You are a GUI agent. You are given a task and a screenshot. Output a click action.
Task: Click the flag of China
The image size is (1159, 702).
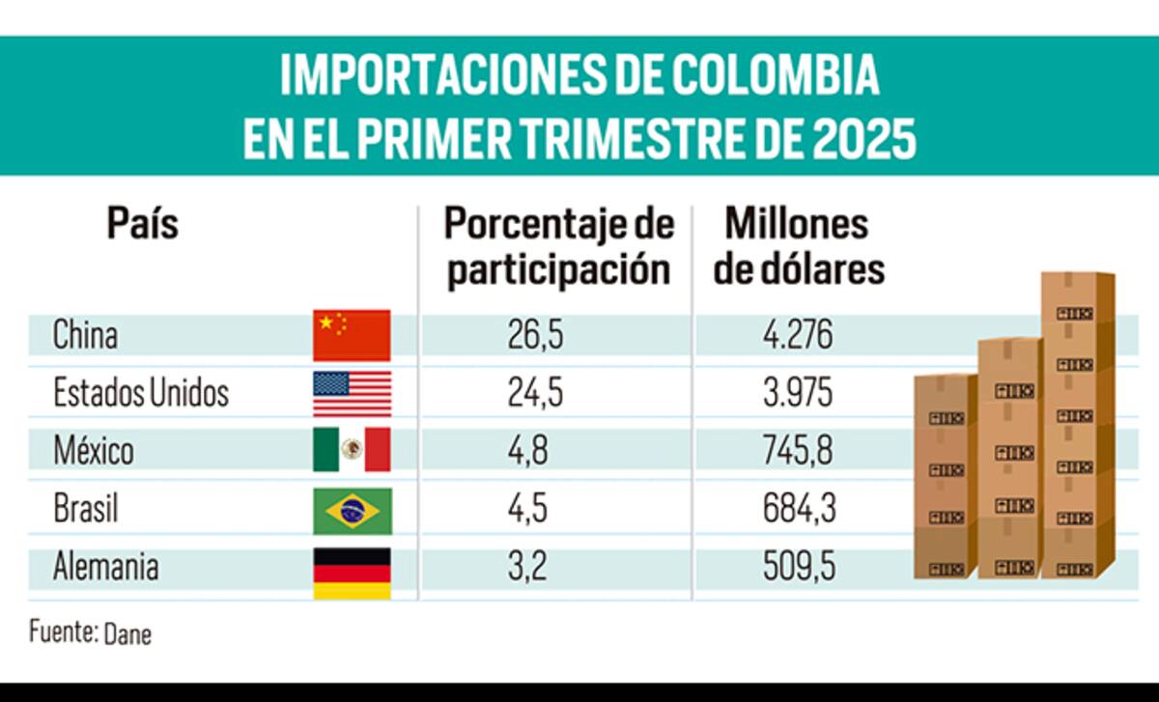(x=352, y=335)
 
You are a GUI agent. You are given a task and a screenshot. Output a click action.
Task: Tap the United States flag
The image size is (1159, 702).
(x=352, y=393)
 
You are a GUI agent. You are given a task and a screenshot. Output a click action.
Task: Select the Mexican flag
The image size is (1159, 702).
(x=352, y=450)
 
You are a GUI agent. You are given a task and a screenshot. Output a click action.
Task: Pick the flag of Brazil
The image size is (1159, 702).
(x=352, y=511)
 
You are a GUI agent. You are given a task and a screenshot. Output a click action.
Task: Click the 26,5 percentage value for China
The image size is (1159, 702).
(x=535, y=335)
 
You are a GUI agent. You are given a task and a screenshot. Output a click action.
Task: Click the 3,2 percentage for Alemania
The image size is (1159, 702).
(x=527, y=567)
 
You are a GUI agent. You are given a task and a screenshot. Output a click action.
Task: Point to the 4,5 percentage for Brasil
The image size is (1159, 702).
(x=529, y=508)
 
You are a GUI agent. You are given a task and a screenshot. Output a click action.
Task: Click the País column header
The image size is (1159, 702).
(x=142, y=225)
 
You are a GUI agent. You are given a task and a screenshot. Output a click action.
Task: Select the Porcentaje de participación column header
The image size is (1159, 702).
(x=559, y=247)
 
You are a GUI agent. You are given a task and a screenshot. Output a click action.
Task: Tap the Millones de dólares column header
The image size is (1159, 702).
(x=798, y=247)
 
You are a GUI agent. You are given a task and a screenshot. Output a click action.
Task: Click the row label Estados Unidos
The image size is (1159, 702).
(x=141, y=393)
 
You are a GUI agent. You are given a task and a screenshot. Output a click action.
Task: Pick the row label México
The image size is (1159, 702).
(x=93, y=450)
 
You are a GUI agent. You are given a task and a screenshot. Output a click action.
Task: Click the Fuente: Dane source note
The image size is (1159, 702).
(x=90, y=633)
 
